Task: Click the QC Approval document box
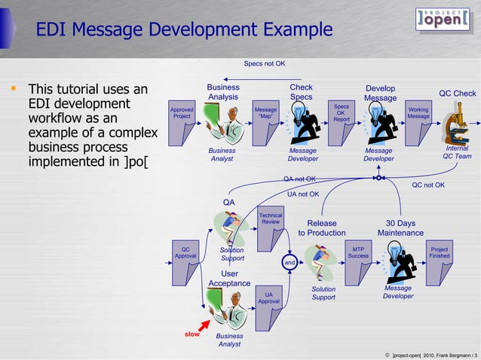pos(185,261)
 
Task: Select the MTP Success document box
pos(359,261)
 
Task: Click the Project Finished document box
pos(439,261)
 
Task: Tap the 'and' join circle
pos(290,262)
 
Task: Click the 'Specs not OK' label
pos(265,63)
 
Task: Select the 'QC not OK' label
pos(428,185)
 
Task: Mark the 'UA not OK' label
pos(303,194)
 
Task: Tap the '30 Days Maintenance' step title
pos(400,228)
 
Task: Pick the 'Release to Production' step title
pos(322,228)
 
